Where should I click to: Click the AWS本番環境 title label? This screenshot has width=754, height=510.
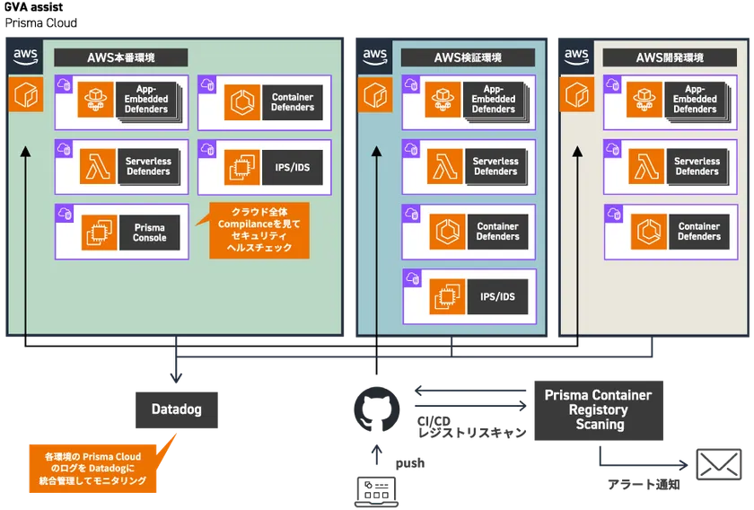(121, 57)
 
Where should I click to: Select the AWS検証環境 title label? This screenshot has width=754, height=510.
(468, 57)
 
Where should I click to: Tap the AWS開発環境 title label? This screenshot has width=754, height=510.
(669, 57)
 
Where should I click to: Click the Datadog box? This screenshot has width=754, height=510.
(177, 409)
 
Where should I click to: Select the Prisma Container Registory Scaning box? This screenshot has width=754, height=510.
(599, 409)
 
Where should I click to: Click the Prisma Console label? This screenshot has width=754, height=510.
(149, 233)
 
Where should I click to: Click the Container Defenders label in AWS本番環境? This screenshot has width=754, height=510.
(293, 101)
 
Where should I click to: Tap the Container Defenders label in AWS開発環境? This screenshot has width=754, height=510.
(698, 232)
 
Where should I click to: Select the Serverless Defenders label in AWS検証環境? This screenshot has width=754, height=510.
(495, 167)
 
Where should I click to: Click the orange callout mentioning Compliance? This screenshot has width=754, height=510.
(259, 233)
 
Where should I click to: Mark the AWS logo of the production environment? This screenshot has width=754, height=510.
(25, 57)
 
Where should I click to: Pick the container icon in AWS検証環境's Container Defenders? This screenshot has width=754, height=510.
(446, 232)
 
